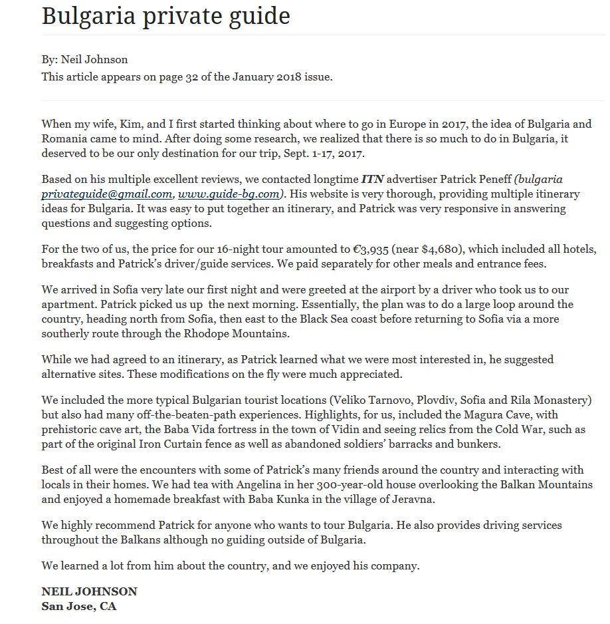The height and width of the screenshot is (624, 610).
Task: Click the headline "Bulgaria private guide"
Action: (165, 16)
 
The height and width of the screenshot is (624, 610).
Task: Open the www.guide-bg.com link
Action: (229, 194)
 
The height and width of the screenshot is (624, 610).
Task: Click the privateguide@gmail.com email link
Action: (106, 194)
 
